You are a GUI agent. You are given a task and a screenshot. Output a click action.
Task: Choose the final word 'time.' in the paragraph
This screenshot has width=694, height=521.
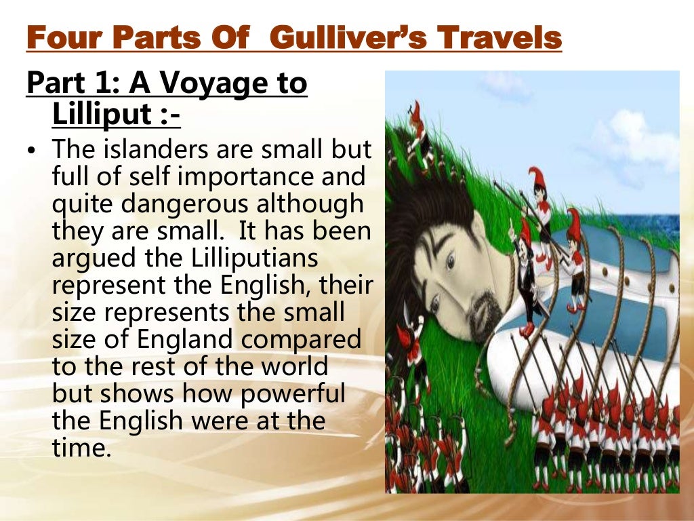pyautogui.click(x=81, y=447)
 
